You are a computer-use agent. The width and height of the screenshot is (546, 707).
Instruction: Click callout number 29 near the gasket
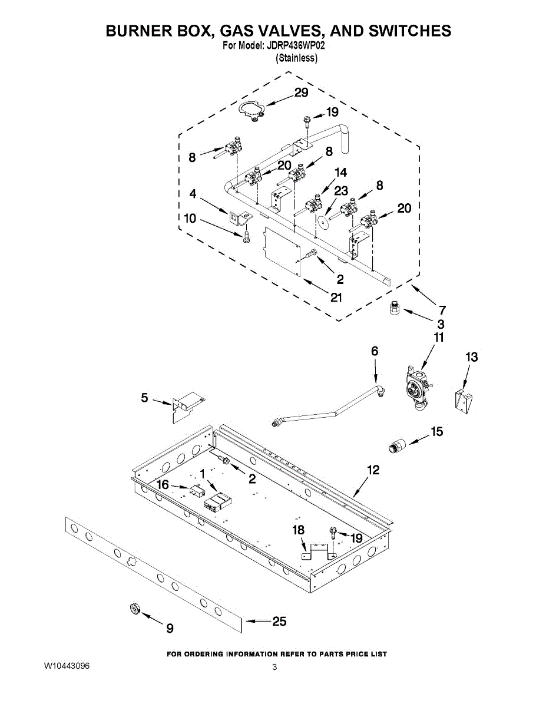tap(301, 92)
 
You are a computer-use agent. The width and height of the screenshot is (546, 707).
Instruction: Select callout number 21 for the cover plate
tap(336, 298)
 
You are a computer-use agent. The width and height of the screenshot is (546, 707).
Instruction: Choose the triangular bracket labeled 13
tap(464, 398)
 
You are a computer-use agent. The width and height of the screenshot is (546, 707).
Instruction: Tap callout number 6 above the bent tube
tap(375, 351)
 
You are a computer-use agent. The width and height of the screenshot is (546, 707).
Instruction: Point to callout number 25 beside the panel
tap(279, 621)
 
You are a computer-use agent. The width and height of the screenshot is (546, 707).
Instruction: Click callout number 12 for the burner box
tap(373, 470)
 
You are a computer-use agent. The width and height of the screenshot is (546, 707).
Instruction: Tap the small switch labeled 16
tap(196, 489)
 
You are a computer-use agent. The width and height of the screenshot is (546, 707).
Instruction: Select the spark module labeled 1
tap(217, 501)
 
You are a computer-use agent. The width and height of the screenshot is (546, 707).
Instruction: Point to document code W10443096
tap(67, 666)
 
